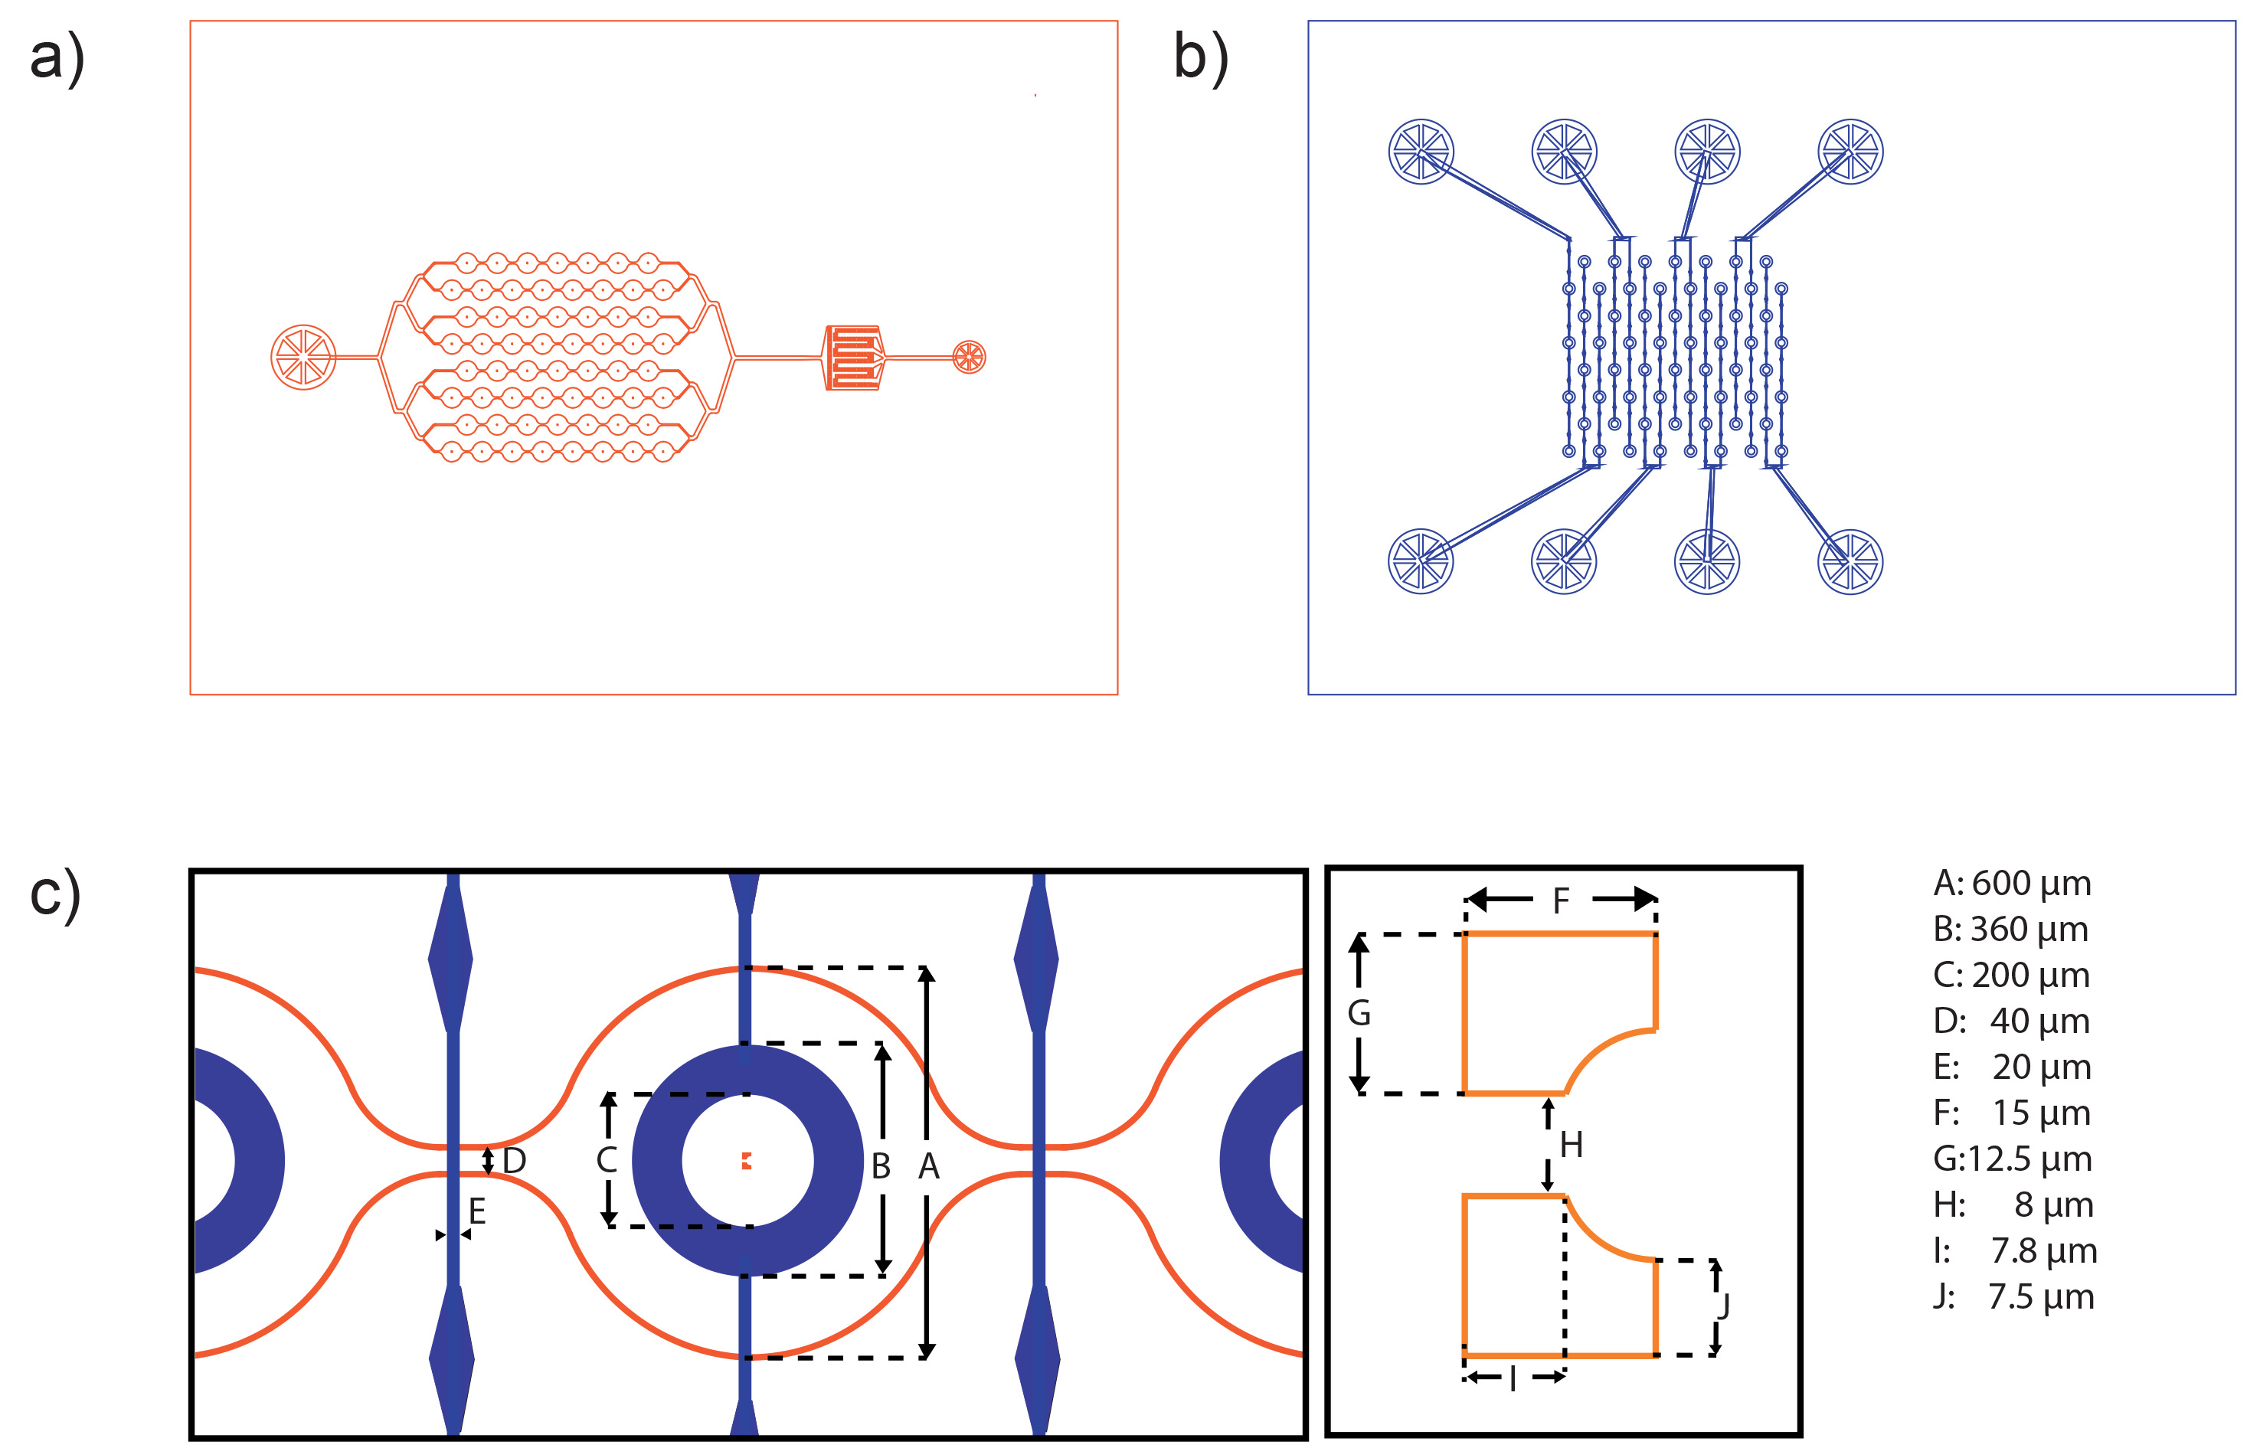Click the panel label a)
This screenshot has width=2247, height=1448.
pyautogui.click(x=57, y=58)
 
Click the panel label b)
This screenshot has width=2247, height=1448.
pyautogui.click(x=1201, y=58)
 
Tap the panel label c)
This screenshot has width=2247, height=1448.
pyautogui.click(x=54, y=895)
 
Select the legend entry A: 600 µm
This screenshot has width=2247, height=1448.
pyautogui.click(x=2011, y=884)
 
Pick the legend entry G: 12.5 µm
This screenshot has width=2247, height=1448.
pyautogui.click(x=2011, y=1159)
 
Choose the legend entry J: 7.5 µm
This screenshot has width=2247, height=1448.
pyautogui.click(x=2011, y=1298)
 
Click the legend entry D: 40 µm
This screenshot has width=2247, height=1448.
pyautogui.click(x=2011, y=1021)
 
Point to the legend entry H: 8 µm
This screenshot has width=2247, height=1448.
pyautogui.click(x=2011, y=1205)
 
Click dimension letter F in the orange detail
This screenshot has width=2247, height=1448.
pyautogui.click(x=1561, y=901)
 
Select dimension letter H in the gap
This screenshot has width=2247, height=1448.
pyautogui.click(x=1571, y=1146)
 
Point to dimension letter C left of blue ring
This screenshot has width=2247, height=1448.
pyautogui.click(x=607, y=1160)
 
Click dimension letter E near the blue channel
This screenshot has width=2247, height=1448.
pyautogui.click(x=476, y=1212)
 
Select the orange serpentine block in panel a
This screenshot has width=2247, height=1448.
pyautogui.click(x=854, y=358)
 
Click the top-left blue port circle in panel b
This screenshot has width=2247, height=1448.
pyautogui.click(x=1421, y=152)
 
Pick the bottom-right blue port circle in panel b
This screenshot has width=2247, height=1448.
pyautogui.click(x=1850, y=562)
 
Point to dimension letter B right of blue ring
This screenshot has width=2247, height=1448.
pyautogui.click(x=880, y=1167)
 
